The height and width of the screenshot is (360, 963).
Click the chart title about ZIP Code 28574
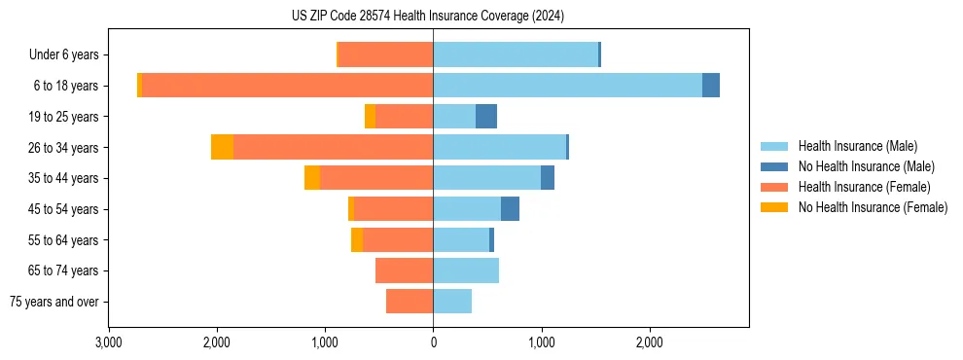(427, 16)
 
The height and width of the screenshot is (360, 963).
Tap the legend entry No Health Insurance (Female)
(873, 207)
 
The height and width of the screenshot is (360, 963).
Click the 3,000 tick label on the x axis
(109, 342)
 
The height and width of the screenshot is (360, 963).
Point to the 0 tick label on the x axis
(433, 342)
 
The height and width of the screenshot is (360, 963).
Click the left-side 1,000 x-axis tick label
(325, 342)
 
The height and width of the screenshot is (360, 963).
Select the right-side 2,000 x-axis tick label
(649, 342)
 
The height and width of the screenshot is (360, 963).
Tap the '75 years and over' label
(54, 302)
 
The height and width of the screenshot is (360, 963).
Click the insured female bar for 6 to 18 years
(287, 86)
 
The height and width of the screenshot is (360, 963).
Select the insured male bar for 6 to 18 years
(567, 86)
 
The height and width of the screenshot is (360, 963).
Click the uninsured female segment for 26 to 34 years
(222, 147)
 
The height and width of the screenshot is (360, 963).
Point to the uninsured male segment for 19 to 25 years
(486, 117)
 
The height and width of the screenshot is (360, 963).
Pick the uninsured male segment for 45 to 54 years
(510, 209)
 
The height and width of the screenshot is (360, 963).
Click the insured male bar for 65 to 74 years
(466, 270)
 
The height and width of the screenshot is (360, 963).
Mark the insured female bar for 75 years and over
(410, 302)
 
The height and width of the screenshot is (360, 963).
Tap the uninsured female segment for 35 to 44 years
(312, 178)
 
